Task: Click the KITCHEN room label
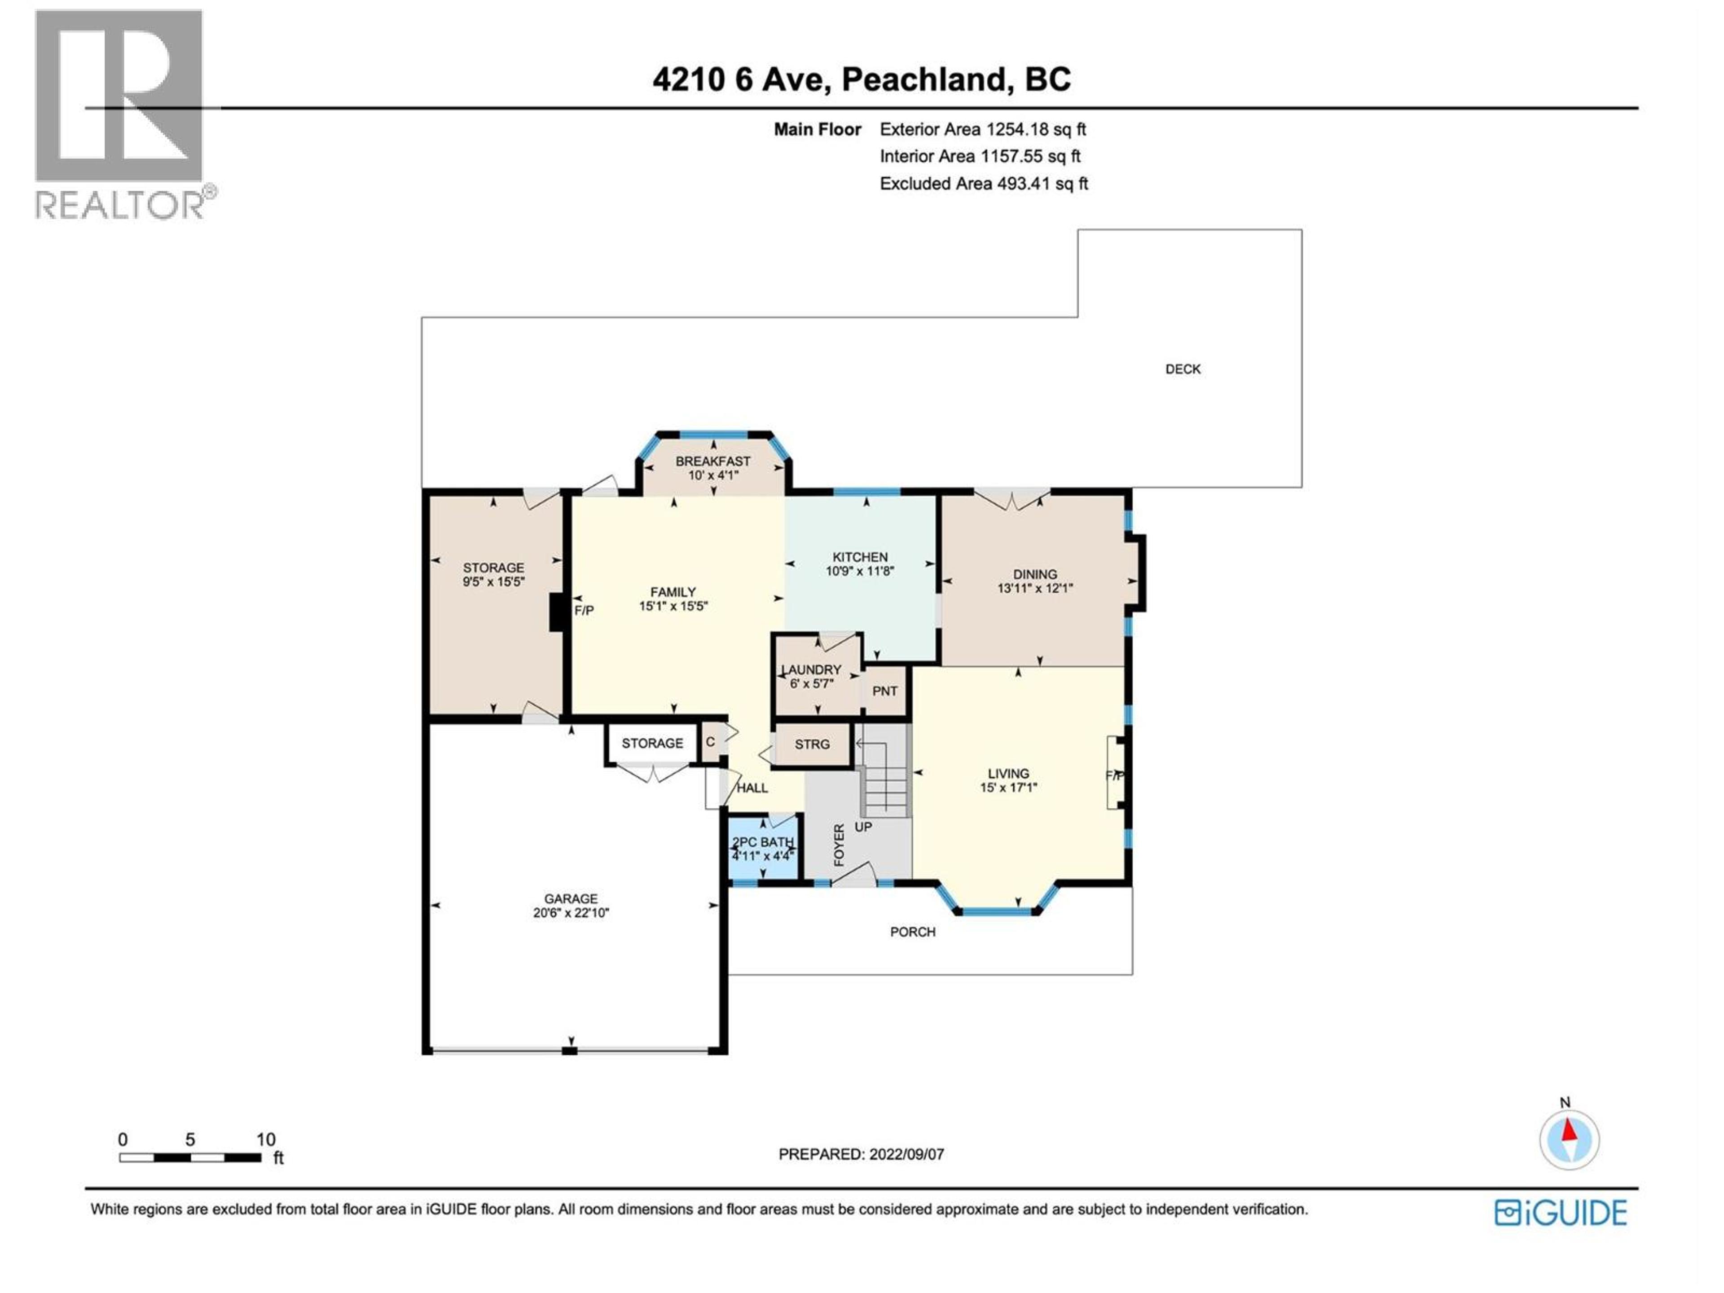pos(860,556)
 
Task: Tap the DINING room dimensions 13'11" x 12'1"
pos(1035,589)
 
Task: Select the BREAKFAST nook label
pos(712,462)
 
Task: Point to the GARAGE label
pos(571,899)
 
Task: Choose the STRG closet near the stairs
pos(811,744)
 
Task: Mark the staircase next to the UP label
pos(884,779)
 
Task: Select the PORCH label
pos(913,932)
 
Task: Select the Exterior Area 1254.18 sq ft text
pos(982,129)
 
